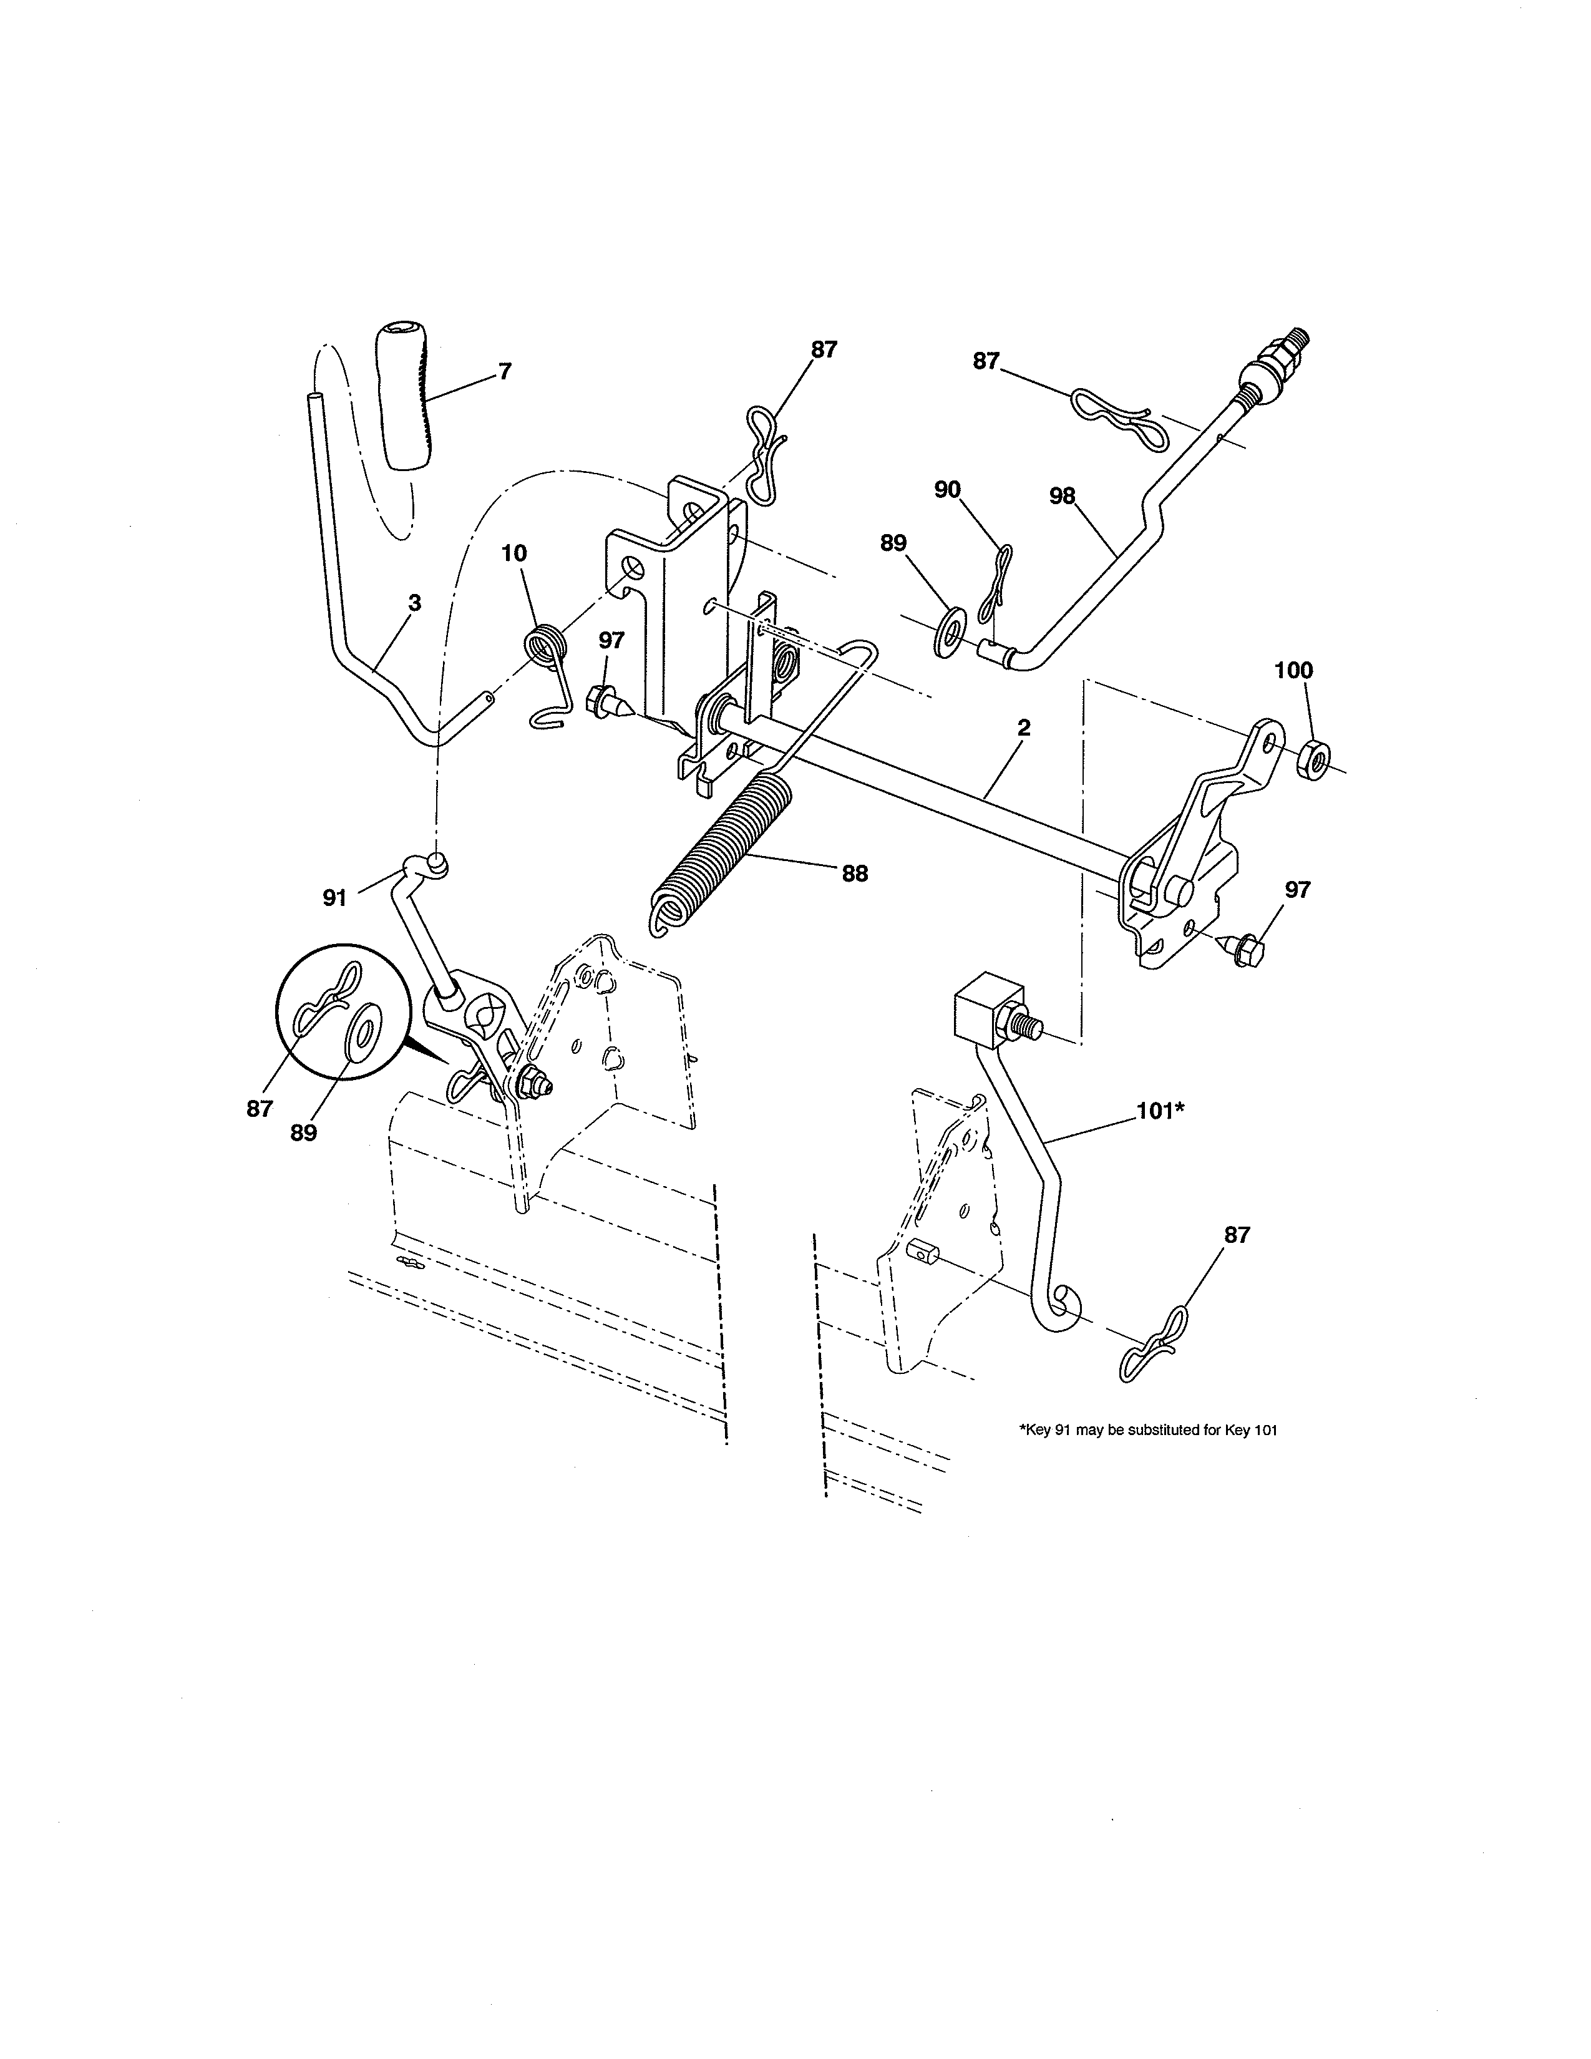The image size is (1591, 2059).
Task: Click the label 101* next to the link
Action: (1159, 1111)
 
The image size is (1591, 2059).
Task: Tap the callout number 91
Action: (334, 898)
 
